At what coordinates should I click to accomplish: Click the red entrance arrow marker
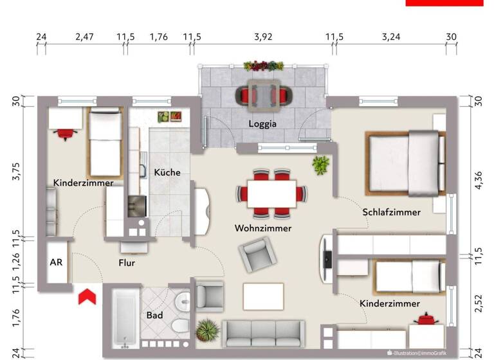(x=87, y=298)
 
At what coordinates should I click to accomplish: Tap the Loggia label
(x=264, y=124)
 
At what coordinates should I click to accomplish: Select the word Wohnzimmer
(x=263, y=228)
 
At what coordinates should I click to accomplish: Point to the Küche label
(x=167, y=172)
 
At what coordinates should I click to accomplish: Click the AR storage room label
(x=56, y=263)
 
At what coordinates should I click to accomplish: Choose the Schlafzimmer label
(x=391, y=212)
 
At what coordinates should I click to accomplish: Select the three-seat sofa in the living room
(x=263, y=334)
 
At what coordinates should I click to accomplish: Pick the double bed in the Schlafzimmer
(x=404, y=163)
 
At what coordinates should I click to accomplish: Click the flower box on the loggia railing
(x=263, y=66)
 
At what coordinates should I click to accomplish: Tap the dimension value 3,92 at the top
(x=263, y=37)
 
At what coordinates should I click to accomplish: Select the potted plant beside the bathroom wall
(x=206, y=331)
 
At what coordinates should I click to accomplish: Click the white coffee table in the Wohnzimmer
(x=263, y=296)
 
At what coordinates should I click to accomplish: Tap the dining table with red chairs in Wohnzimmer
(x=272, y=194)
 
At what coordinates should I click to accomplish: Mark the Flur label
(x=127, y=263)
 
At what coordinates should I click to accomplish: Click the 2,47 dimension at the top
(x=84, y=37)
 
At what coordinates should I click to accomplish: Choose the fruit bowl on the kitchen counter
(x=172, y=116)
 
